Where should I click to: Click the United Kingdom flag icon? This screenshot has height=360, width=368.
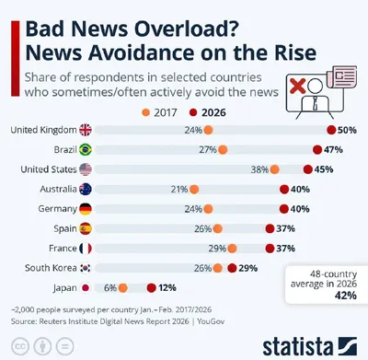[x=86, y=130]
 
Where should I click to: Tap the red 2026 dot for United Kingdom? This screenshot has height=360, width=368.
[x=331, y=130]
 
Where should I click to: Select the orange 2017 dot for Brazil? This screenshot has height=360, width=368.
[x=223, y=150]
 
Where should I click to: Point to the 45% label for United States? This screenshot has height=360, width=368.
[x=324, y=169]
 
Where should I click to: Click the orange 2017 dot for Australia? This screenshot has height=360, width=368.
[x=194, y=190]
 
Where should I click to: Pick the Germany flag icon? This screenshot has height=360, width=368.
[x=86, y=209]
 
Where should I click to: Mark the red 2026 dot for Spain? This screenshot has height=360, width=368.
[x=270, y=228]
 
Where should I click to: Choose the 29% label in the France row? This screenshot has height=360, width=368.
[x=217, y=249]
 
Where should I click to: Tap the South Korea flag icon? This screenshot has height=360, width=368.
[x=86, y=268]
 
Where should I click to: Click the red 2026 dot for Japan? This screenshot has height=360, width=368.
[x=152, y=288]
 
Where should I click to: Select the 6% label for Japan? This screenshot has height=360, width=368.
[x=110, y=288]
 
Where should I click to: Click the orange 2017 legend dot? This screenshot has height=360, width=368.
[x=146, y=112]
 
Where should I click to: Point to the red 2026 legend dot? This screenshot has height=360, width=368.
[x=193, y=112]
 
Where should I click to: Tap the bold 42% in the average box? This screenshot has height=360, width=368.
[x=346, y=296]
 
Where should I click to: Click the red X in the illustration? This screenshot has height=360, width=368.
[x=297, y=86]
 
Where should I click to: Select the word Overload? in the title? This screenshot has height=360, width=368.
[x=187, y=29]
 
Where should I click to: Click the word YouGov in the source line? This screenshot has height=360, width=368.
[x=211, y=321]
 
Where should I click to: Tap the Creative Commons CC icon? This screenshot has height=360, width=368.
[x=20, y=347]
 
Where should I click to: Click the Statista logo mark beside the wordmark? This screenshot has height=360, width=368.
[x=348, y=346]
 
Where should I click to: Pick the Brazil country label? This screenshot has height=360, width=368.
[x=65, y=150]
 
